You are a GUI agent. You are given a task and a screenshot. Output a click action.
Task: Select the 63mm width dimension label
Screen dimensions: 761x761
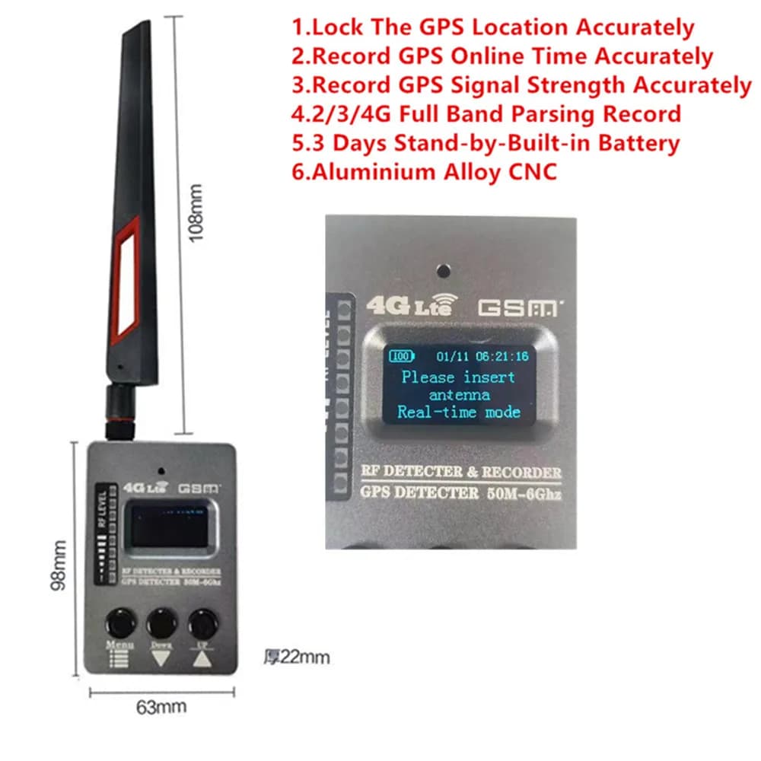click(x=161, y=705)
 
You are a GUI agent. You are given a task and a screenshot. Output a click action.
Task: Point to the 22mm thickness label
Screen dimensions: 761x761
click(x=296, y=656)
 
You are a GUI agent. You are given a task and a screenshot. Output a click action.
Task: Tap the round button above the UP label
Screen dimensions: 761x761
click(x=201, y=623)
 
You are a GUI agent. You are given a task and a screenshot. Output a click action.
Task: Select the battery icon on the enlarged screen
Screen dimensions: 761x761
click(x=401, y=355)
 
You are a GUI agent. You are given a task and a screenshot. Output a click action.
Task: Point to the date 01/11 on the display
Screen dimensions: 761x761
click(x=452, y=355)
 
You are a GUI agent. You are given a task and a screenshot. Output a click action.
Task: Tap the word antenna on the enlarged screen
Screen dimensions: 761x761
click(x=459, y=395)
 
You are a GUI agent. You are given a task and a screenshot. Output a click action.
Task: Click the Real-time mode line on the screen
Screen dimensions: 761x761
click(x=459, y=412)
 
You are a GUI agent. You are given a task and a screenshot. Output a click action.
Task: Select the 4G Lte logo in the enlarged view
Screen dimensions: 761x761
click(x=409, y=305)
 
